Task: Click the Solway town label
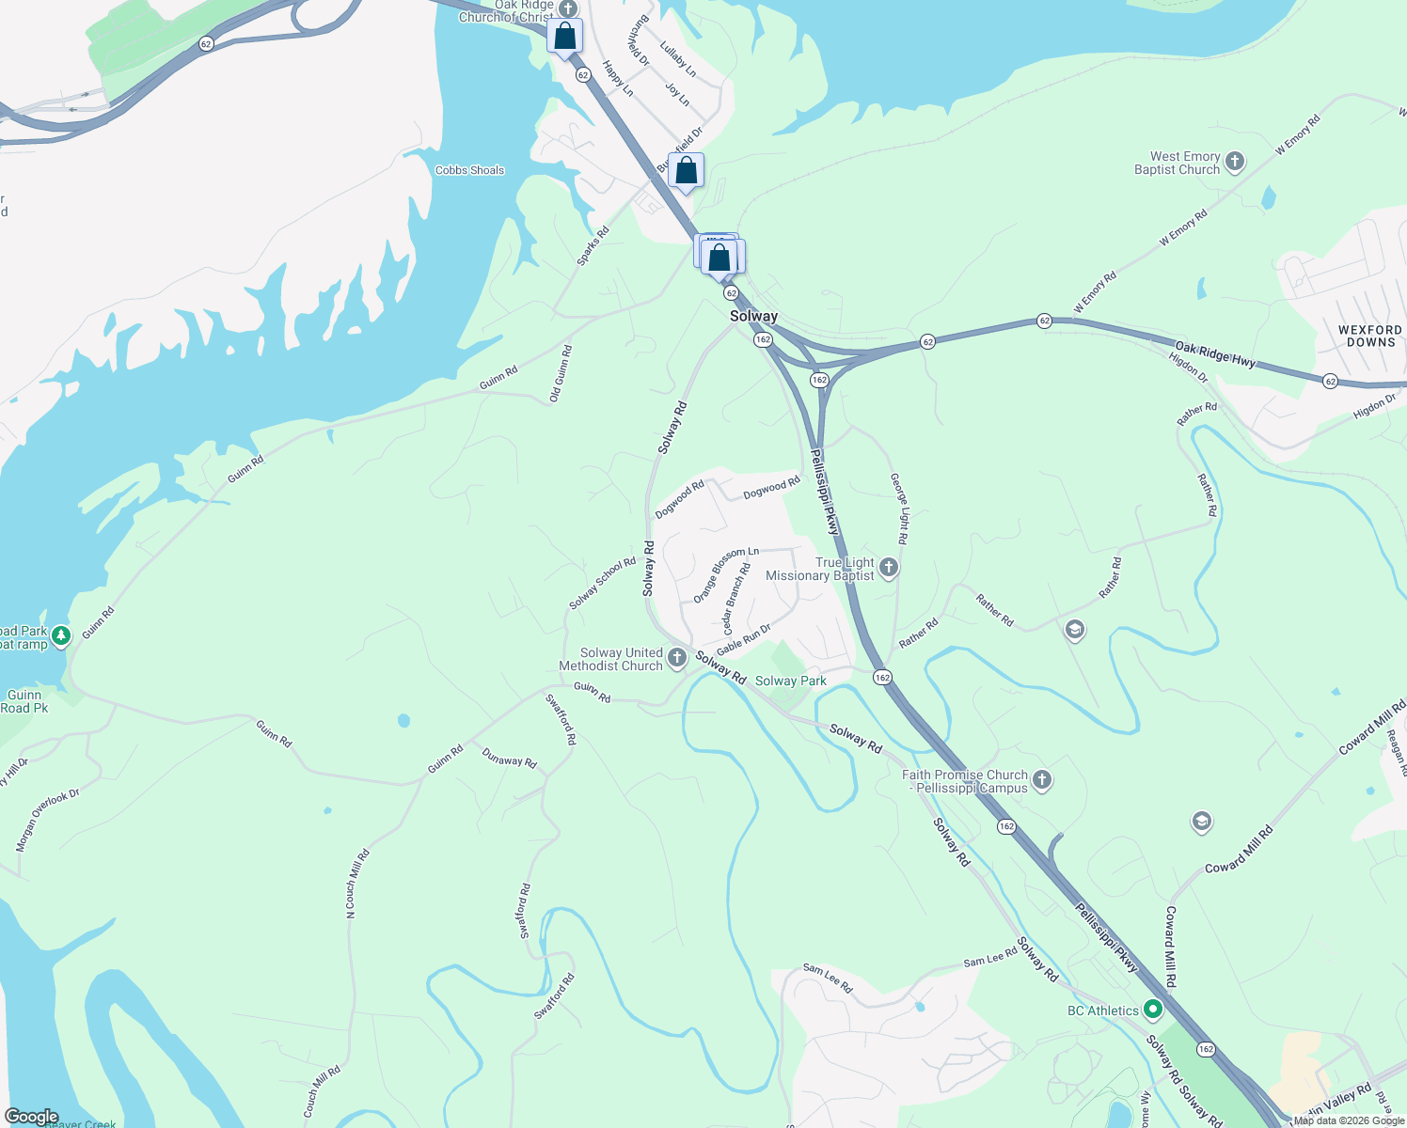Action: pos(753,317)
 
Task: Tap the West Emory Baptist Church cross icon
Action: pos(1235,162)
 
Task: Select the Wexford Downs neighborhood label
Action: pos(1369,336)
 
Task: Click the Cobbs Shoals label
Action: pos(469,170)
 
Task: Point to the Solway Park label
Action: pos(790,681)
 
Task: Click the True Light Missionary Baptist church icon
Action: pos(889,568)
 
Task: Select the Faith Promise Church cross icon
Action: pos(1041,779)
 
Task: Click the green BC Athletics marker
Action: pos(1153,1010)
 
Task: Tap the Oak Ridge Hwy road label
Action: pos(1214,354)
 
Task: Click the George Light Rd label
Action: pos(900,509)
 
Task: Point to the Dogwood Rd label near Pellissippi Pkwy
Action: pos(771,487)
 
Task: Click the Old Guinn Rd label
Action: pos(561,374)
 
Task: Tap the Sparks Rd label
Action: pos(593,245)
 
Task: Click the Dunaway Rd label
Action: pos(509,758)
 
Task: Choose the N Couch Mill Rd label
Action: pos(356,884)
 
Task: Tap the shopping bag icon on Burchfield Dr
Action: pos(687,171)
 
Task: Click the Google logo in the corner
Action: pos(30,1117)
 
